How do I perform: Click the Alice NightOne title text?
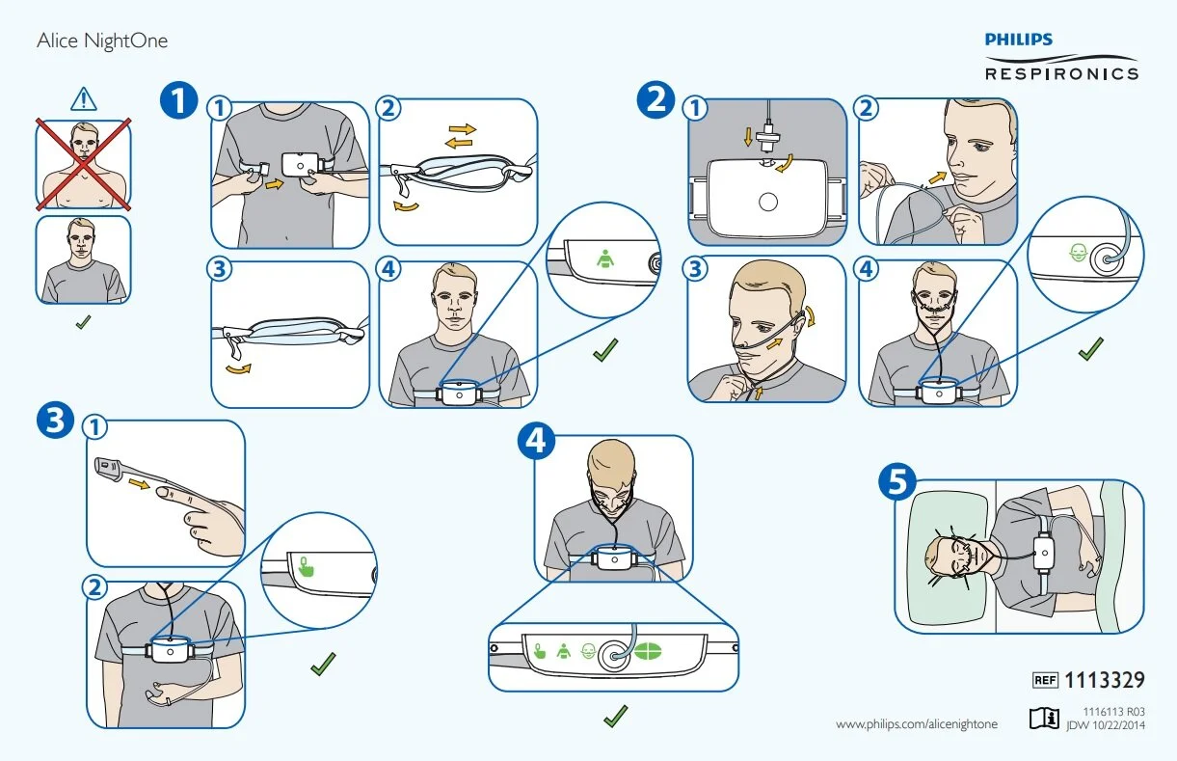pyautogui.click(x=102, y=41)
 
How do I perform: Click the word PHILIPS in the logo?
pyautogui.click(x=1018, y=40)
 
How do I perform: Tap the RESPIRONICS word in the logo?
pyautogui.click(x=1060, y=72)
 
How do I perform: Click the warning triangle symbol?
pyautogui.click(x=84, y=98)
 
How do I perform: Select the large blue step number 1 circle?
pyautogui.click(x=179, y=100)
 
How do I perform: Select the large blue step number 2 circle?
pyautogui.click(x=657, y=100)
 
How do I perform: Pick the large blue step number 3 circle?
pyautogui.click(x=54, y=421)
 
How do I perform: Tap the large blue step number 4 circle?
pyautogui.click(x=536, y=441)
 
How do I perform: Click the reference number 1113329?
pyautogui.click(x=1105, y=681)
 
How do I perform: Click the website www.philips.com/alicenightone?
pyautogui.click(x=916, y=723)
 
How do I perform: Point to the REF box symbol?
pyautogui.click(x=1045, y=681)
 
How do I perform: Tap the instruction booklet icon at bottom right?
pyautogui.click(x=1041, y=718)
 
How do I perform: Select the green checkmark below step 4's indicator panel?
pyautogui.click(x=614, y=716)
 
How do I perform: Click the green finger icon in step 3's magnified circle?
pyautogui.click(x=307, y=566)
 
